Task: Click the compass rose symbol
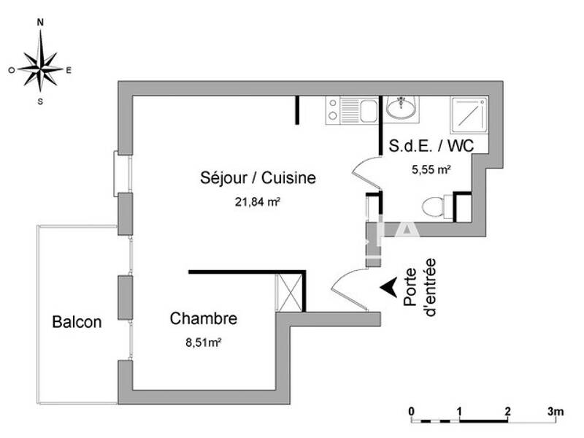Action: coord(40,69)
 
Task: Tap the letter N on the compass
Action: coord(40,23)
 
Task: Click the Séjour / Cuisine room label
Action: coord(258,178)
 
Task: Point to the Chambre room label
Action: coord(203,319)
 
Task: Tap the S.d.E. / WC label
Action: coord(431,145)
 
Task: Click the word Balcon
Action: coord(77,322)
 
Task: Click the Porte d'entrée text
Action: coord(424,287)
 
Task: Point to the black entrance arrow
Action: coord(388,287)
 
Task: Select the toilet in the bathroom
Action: coord(437,207)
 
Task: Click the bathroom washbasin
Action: coord(401,109)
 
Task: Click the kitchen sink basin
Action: coord(368,112)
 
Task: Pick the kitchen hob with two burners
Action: coord(334,110)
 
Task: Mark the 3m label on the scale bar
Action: coord(556,411)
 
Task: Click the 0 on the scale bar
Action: coord(412,411)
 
